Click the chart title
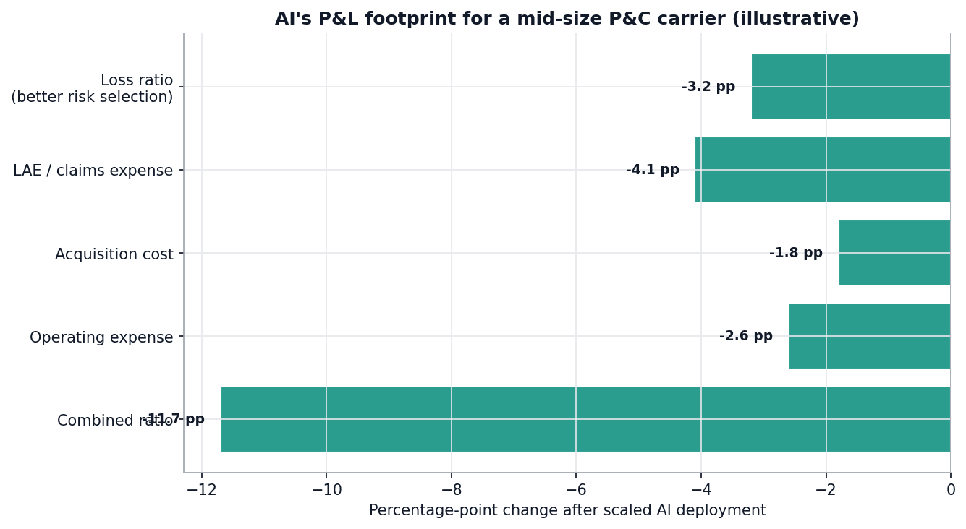pyautogui.click(x=567, y=19)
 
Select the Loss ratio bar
pyautogui.click(x=850, y=87)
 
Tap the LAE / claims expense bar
pyautogui.click(x=822, y=170)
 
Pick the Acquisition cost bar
pyautogui.click(x=894, y=253)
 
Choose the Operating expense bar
pyautogui.click(x=869, y=336)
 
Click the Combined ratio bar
pyautogui.click(x=585, y=419)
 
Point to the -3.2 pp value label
pyautogui.click(x=708, y=87)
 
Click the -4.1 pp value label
pyautogui.click(x=652, y=170)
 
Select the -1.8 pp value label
pyautogui.click(x=795, y=253)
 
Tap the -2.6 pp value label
pyautogui.click(x=745, y=336)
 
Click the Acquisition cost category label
pyautogui.click(x=114, y=254)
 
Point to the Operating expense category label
pyautogui.click(x=101, y=337)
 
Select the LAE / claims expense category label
pyautogui.click(x=93, y=171)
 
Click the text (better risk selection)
pyautogui.click(x=92, y=97)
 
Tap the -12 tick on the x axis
pyautogui.click(x=201, y=490)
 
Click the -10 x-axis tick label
pyautogui.click(x=326, y=490)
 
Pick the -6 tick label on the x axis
pyautogui.click(x=575, y=490)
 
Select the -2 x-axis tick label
pyautogui.click(x=826, y=490)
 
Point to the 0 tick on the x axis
pyautogui.click(x=951, y=490)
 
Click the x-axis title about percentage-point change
pyautogui.click(x=567, y=511)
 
